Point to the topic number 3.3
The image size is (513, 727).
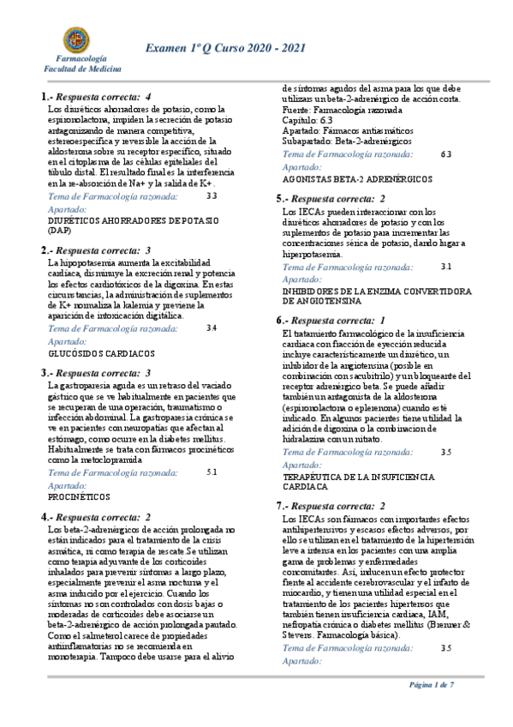click(212, 196)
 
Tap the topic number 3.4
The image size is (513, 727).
click(212, 327)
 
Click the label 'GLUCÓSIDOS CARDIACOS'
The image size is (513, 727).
click(102, 352)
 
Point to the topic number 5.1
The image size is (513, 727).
click(212, 472)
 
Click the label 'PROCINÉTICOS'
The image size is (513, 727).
click(79, 496)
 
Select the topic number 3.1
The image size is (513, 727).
click(445, 267)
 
